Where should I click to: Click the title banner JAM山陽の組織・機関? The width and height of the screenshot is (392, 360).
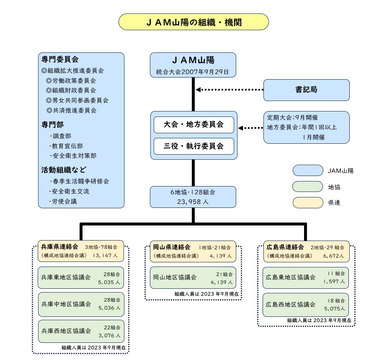pyautogui.click(x=193, y=22)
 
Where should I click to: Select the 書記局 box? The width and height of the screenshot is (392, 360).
pyautogui.click(x=306, y=90)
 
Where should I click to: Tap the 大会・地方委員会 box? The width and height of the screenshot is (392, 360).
pyautogui.click(x=193, y=125)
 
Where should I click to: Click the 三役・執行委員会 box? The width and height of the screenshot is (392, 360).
pyautogui.click(x=193, y=146)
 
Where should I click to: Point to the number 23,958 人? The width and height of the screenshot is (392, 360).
pyautogui.click(x=193, y=202)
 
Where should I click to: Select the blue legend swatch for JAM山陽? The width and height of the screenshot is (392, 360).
pyautogui.click(x=307, y=171)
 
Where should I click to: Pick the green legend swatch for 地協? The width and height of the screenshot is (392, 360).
pyautogui.click(x=307, y=186)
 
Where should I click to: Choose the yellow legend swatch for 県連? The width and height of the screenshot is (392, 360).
pyautogui.click(x=307, y=203)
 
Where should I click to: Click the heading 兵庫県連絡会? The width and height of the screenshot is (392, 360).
pyautogui.click(x=57, y=247)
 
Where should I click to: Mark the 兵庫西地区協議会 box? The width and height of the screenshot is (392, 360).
pyautogui.click(x=81, y=331)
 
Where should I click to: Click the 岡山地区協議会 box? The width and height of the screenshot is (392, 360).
pyautogui.click(x=193, y=277)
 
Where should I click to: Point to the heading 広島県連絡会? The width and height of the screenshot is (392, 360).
pyautogui.click(x=283, y=247)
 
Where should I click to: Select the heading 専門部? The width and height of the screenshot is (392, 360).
pyautogui.click(x=52, y=125)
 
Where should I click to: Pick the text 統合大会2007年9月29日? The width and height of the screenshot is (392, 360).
pyautogui.click(x=193, y=72)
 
